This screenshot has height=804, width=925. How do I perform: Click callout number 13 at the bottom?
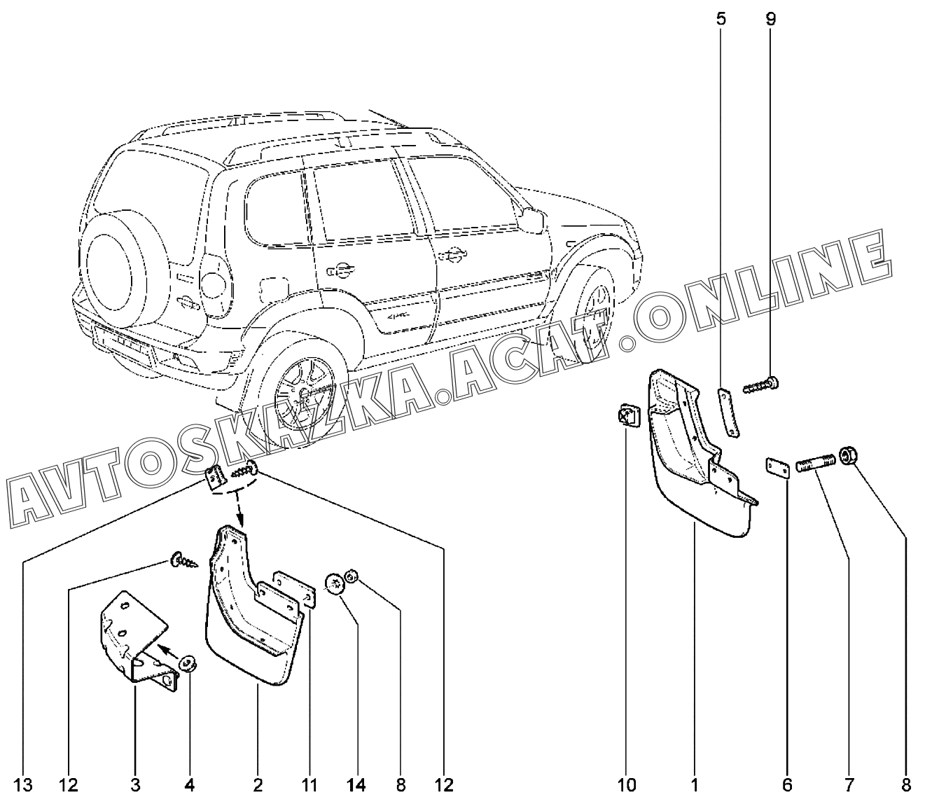(22, 786)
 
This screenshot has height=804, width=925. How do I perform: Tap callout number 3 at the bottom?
(136, 786)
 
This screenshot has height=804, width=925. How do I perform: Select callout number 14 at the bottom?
(356, 786)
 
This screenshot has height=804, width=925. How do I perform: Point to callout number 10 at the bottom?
(627, 786)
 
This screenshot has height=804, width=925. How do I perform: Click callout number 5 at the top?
(721, 19)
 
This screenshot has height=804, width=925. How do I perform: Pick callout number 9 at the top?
(770, 19)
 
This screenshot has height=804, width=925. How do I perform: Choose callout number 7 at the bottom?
(849, 786)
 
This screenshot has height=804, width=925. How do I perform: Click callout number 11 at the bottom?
(310, 786)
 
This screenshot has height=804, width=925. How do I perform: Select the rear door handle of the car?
(340, 270)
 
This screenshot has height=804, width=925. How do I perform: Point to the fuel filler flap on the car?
(274, 291)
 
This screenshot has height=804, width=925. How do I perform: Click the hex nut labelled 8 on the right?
(849, 455)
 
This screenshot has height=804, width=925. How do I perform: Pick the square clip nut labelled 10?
(629, 415)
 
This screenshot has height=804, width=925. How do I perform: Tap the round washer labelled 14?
(335, 584)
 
